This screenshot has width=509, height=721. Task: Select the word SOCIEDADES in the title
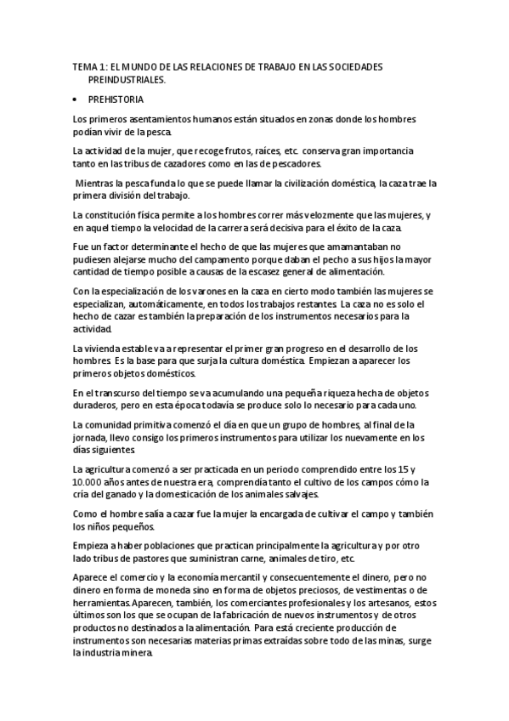(x=356, y=65)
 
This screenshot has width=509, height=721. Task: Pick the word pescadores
(x=294, y=164)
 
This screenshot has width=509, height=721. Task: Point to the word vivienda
(x=105, y=349)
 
